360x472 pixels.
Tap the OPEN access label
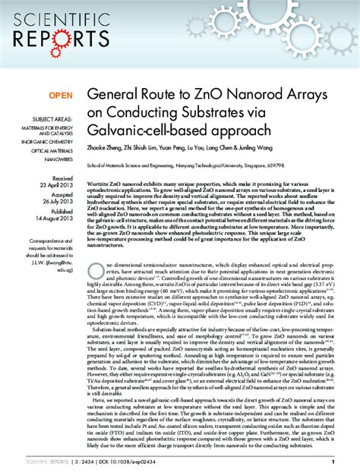[x=60, y=96]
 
